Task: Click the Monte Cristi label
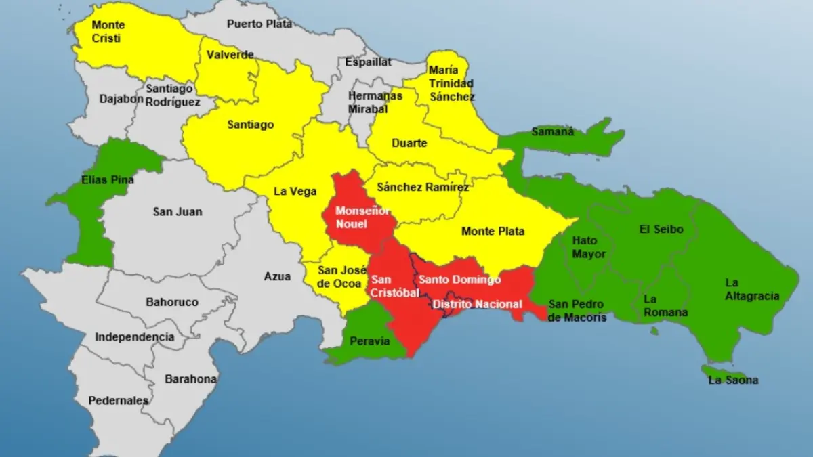pyautogui.click(x=108, y=32)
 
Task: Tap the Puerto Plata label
pyautogui.click(x=259, y=24)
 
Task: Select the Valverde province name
pyautogui.click(x=230, y=55)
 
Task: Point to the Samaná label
pyautogui.click(x=552, y=131)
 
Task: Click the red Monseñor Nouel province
pyautogui.click(x=356, y=217)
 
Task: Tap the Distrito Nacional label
pyautogui.click(x=477, y=304)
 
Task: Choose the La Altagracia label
pyautogui.click(x=752, y=289)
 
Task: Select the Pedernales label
pyautogui.click(x=119, y=401)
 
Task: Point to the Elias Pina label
pyautogui.click(x=107, y=180)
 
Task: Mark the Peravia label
pyautogui.click(x=370, y=341)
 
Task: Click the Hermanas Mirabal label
pyautogui.click(x=375, y=102)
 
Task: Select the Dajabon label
pyautogui.click(x=121, y=98)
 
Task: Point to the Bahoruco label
pyautogui.click(x=172, y=302)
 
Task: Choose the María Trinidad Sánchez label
pyautogui.click(x=451, y=83)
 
